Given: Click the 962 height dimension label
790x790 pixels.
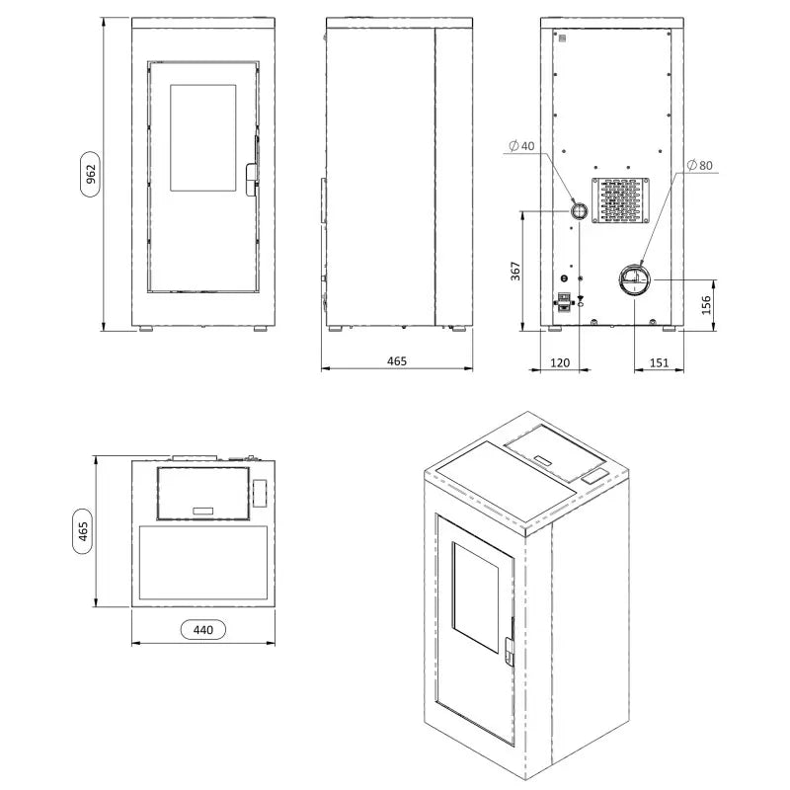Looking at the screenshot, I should (x=90, y=174).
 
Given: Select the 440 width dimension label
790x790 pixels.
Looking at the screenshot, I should (x=203, y=628).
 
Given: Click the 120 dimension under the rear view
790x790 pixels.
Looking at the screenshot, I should (x=560, y=362).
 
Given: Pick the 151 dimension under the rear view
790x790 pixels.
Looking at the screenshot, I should (x=659, y=362).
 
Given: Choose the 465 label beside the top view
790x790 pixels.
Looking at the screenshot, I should (x=84, y=530).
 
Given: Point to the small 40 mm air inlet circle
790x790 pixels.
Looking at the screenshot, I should (x=579, y=210).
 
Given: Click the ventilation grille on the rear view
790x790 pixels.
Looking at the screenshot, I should (x=618, y=200).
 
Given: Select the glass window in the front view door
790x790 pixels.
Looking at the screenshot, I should (x=203, y=138).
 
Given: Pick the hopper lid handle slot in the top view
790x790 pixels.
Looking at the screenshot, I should (x=202, y=510).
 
